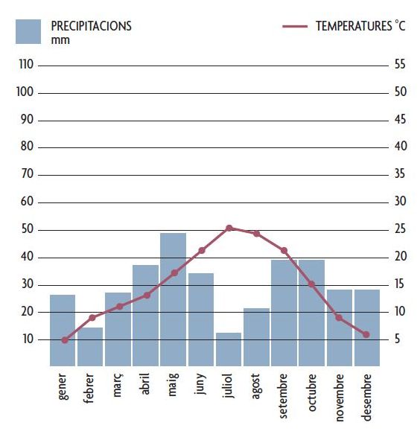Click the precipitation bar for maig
(173, 299)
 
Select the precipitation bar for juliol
(229, 349)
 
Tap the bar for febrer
(90, 347)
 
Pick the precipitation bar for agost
(256, 337)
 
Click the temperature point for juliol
(229, 228)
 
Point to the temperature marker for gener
(65, 340)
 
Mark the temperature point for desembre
(366, 334)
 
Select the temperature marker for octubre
(311, 284)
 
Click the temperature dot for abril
(147, 296)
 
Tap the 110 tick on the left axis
(26, 65)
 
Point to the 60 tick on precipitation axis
(27, 202)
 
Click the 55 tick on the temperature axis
(400, 64)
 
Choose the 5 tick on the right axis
(397, 339)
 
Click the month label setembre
(283, 396)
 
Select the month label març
(118, 385)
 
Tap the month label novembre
(340, 398)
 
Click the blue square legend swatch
(28, 31)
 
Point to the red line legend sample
(295, 26)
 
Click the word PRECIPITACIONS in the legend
(92, 26)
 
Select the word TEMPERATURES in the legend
(354, 26)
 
